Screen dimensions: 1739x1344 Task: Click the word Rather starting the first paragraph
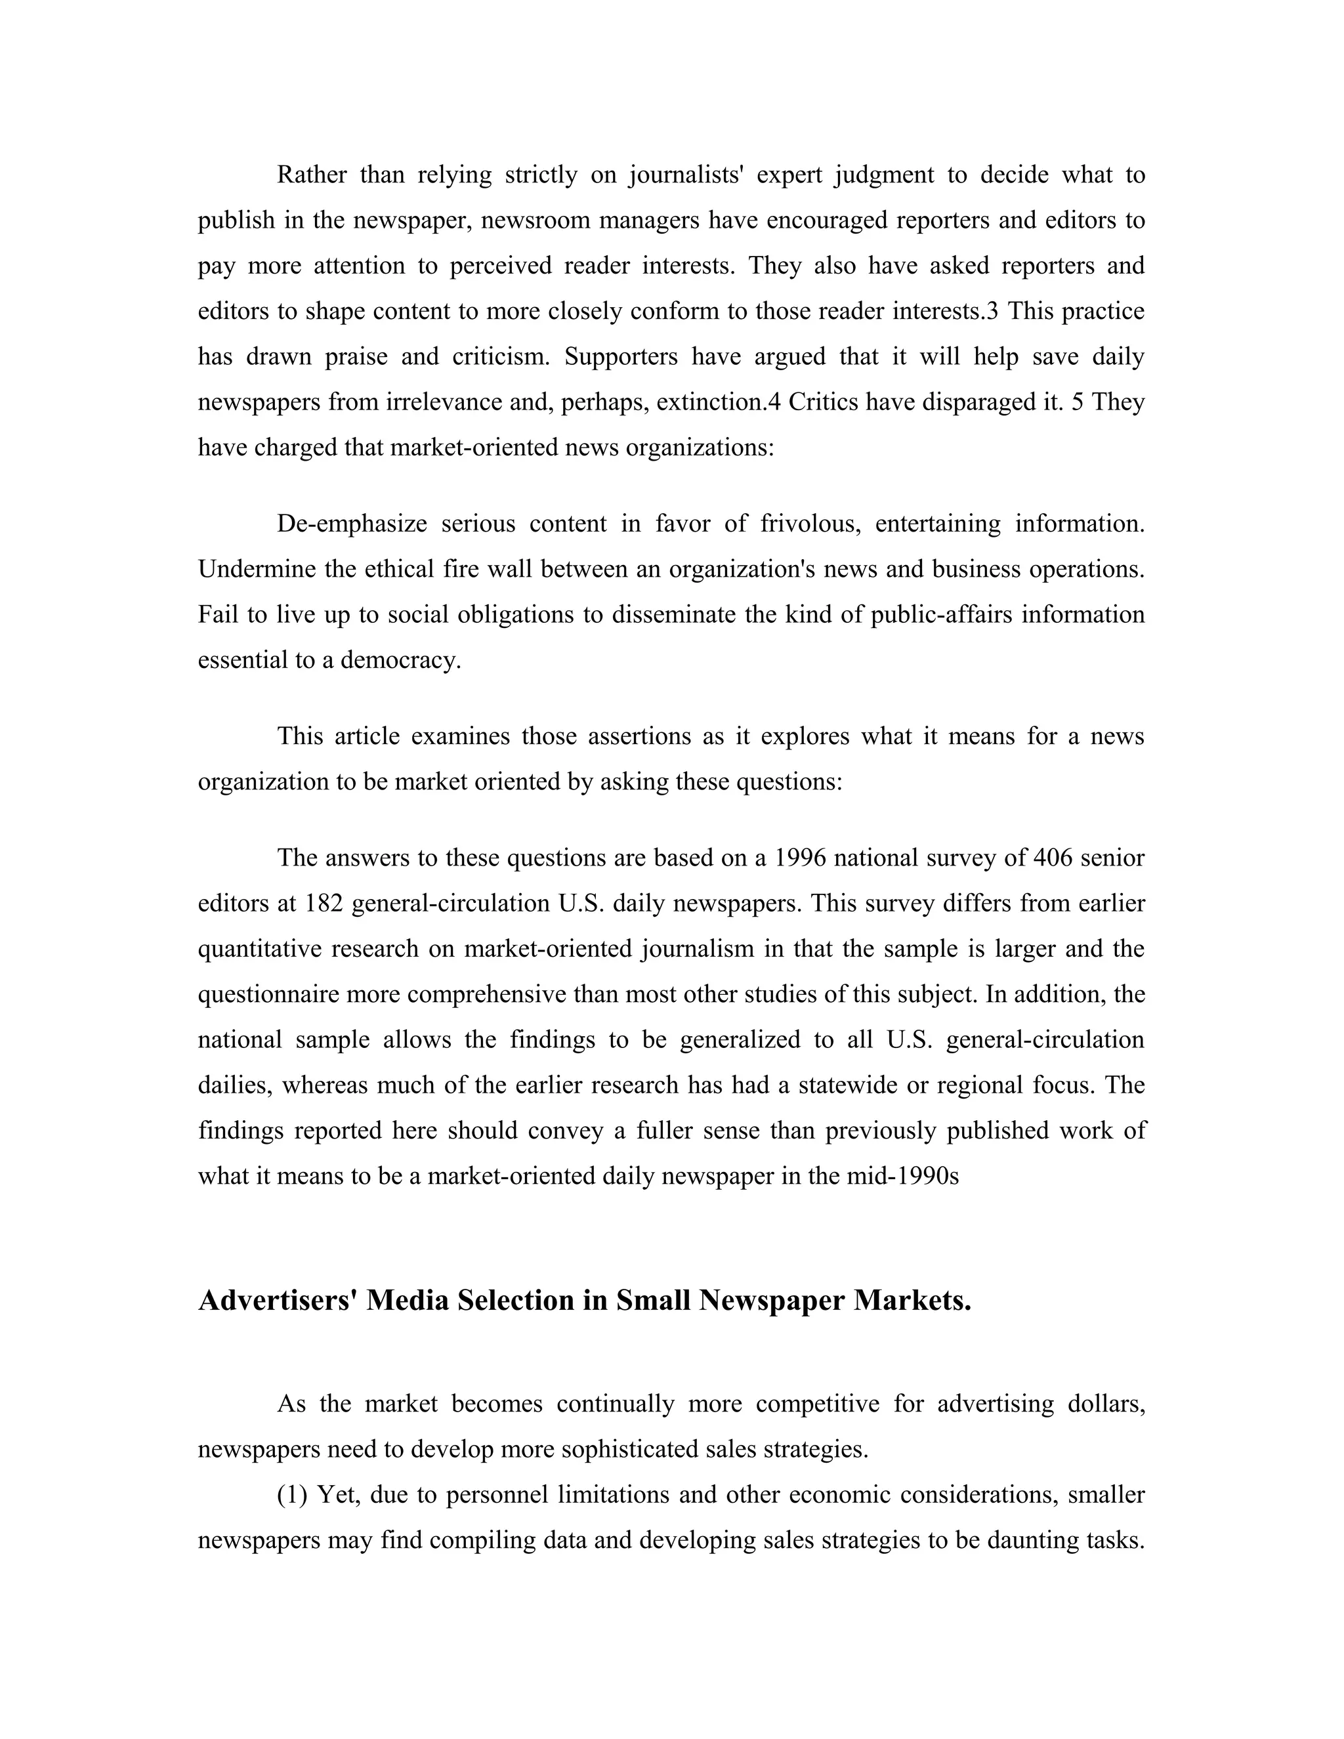[311, 175]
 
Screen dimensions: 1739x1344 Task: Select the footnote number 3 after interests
[992, 310]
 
